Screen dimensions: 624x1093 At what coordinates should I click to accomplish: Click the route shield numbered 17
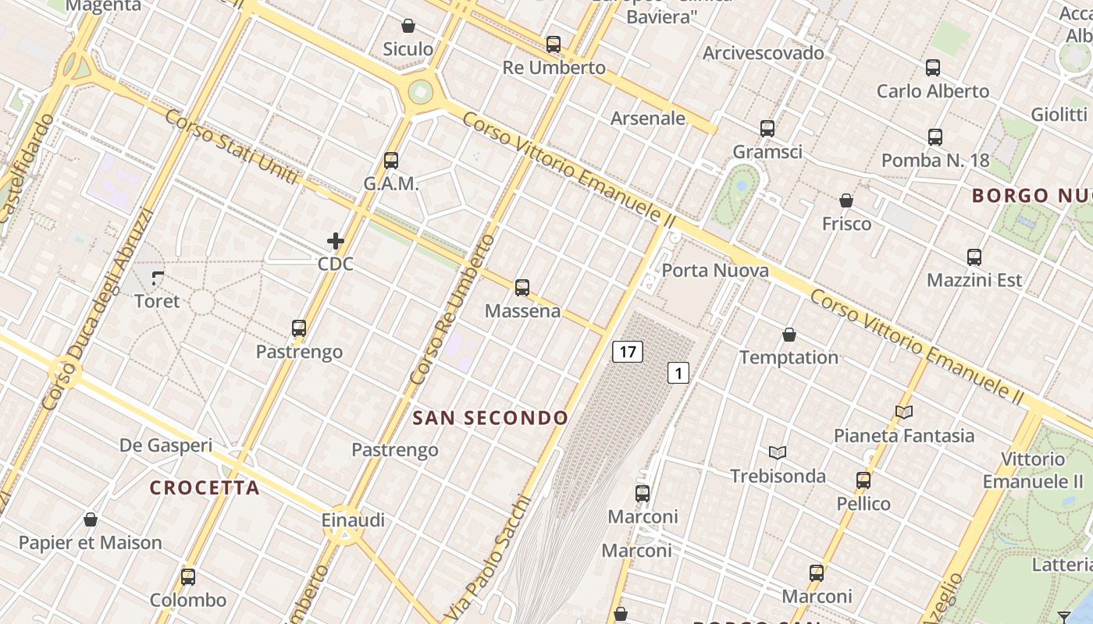point(627,352)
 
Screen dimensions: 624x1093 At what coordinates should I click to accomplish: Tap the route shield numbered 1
point(678,374)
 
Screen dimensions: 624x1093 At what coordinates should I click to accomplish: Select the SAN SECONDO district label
point(490,418)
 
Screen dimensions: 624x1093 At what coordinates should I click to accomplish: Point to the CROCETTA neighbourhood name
point(205,488)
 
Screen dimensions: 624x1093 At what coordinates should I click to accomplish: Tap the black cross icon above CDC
point(336,241)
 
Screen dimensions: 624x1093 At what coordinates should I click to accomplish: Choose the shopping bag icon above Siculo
point(408,26)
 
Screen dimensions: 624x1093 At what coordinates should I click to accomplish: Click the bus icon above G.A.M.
point(391,161)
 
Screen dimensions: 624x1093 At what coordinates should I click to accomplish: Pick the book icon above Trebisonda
point(778,452)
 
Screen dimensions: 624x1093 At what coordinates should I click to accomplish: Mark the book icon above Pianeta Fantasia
point(904,412)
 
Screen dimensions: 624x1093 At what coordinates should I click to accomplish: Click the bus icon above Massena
point(522,288)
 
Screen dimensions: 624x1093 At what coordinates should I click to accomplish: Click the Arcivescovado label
point(764,53)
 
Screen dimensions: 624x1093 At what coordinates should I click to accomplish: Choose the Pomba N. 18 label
point(935,161)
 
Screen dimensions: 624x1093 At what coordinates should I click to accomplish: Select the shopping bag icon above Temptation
point(789,335)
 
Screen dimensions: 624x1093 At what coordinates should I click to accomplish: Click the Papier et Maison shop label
point(91,543)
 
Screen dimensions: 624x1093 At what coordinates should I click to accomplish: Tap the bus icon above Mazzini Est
point(974,257)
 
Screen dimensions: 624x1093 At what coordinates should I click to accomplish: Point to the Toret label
point(157,301)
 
